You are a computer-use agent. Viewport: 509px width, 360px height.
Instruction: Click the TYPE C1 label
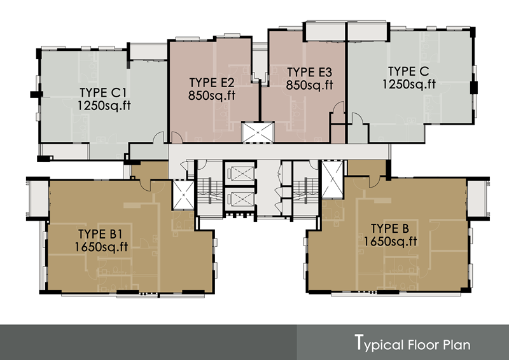tap(103, 93)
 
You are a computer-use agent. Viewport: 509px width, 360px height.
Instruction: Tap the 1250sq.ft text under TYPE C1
tap(104, 106)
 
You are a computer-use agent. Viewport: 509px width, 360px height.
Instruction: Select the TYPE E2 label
tap(212, 83)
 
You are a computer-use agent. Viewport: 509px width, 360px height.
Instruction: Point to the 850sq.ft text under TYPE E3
tap(309, 85)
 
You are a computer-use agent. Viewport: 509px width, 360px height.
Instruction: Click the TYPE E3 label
tap(309, 72)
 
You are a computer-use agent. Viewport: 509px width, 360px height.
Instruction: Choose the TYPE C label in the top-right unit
tap(408, 71)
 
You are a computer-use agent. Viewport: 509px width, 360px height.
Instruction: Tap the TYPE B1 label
tap(100, 234)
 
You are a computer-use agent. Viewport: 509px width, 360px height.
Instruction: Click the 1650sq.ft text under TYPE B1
tap(101, 247)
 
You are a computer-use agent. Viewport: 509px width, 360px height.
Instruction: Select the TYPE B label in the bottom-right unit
tap(390, 228)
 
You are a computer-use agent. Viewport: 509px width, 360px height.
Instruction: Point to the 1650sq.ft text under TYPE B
tap(390, 242)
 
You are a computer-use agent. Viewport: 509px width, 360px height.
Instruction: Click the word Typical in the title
tap(379, 343)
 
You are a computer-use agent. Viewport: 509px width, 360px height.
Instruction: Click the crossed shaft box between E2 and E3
tap(258, 132)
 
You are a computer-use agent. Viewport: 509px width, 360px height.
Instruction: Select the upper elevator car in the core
tap(241, 174)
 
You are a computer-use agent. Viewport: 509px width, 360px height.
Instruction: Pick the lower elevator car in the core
tap(241, 199)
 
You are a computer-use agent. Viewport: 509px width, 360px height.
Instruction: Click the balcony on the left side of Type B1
tap(38, 198)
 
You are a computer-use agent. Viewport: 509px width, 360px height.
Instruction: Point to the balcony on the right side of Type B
tap(478, 198)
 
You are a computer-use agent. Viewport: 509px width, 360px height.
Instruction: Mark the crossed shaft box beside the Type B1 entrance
tap(183, 195)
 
